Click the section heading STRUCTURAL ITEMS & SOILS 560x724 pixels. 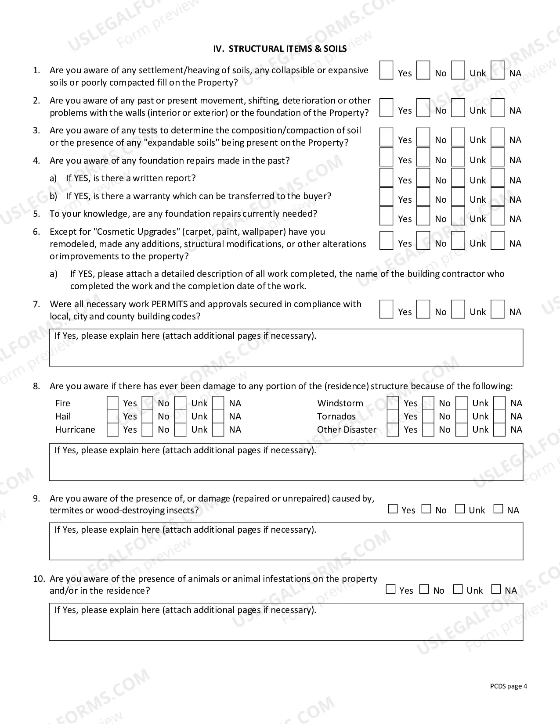(280, 49)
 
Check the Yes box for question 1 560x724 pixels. (386, 71)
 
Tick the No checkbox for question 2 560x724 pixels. (423, 108)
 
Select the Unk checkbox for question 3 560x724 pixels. (458, 137)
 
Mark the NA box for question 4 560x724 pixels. (497, 157)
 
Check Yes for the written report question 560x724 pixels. (386, 177)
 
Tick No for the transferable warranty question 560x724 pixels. (423, 197)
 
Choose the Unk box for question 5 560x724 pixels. (458, 216)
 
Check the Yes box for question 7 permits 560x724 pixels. (386, 309)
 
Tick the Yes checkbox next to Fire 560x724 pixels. (112, 403)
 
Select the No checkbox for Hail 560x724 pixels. (148, 416)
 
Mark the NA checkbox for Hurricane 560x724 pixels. (218, 430)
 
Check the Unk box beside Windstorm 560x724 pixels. (461, 403)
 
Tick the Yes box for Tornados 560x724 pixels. (393, 416)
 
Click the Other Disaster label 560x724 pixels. (347, 430)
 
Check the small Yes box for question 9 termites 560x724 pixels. (393, 509)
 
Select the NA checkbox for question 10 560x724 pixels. (496, 589)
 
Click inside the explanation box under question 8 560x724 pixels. (286, 465)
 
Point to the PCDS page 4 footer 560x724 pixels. (508, 687)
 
